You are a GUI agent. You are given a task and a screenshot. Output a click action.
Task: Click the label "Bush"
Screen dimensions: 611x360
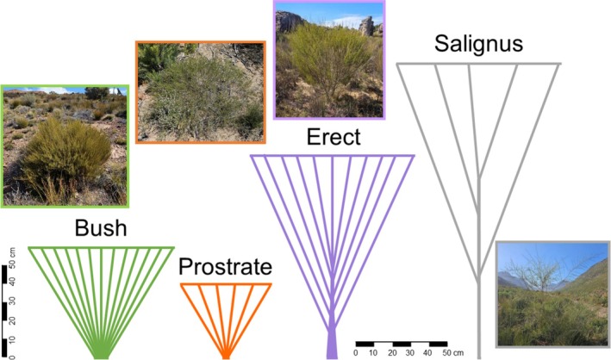[101, 229]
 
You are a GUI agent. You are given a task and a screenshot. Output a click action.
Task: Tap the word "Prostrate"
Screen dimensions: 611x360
[225, 268]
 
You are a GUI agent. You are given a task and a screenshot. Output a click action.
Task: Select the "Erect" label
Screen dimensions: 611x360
[332, 138]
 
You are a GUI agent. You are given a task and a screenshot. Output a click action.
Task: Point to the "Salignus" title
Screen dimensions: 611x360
[478, 44]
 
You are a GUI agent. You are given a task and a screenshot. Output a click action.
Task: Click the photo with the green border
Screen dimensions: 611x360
[65, 146]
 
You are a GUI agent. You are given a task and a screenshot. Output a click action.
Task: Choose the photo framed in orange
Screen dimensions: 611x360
[200, 90]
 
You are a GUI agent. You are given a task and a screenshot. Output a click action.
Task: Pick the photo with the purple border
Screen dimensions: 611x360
[327, 59]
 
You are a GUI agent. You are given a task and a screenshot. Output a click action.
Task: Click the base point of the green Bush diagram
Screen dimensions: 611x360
[101, 355]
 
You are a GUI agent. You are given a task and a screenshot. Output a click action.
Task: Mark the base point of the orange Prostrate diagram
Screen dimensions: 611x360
[225, 355]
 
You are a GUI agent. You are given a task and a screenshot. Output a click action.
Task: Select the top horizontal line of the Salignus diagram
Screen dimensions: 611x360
[478, 65]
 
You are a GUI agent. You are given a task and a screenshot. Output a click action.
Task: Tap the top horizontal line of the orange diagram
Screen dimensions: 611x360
[225, 284]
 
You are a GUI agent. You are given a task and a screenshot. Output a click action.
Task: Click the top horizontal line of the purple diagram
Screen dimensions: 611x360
[332, 156]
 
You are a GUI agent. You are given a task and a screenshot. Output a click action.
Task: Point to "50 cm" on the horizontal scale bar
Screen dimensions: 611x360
[452, 352]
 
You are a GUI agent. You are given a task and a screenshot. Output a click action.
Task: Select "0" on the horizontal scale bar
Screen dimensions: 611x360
[356, 352]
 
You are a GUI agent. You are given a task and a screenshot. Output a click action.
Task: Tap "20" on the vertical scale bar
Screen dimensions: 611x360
[11, 320]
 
